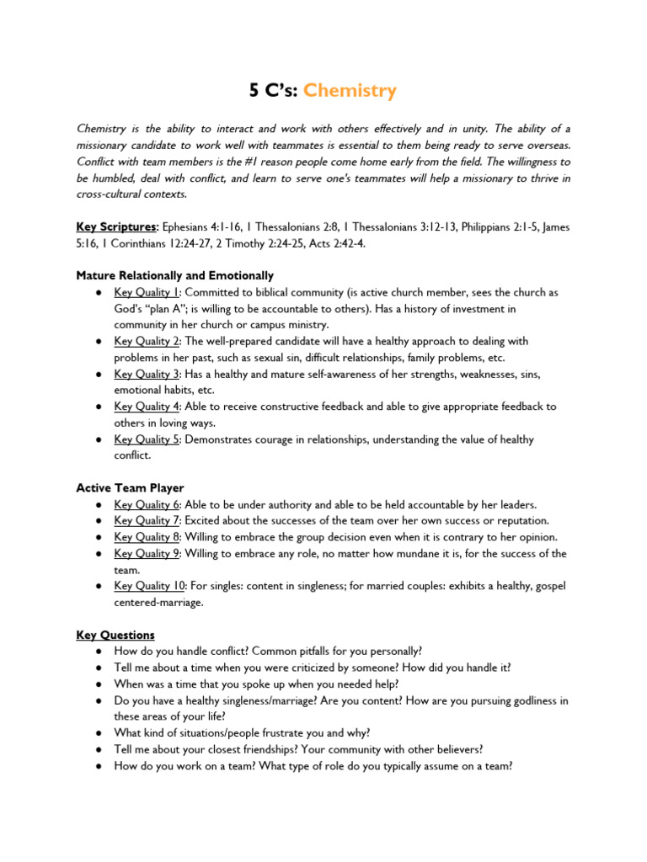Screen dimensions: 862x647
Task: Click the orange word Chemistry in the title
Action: pos(350,90)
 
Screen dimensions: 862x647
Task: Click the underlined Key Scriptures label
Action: pos(116,226)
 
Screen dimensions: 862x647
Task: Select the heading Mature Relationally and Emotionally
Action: pos(174,275)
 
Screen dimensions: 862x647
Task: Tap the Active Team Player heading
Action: pos(130,487)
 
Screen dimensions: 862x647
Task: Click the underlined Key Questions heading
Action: pos(115,635)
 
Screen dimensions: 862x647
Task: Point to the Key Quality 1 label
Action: pos(147,292)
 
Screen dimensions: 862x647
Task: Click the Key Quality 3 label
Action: pos(147,374)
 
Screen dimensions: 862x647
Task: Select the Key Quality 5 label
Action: pos(147,439)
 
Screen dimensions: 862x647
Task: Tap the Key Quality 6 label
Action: pos(147,504)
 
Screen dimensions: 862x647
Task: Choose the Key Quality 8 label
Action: pos(147,537)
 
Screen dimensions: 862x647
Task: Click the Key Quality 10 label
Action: pos(150,586)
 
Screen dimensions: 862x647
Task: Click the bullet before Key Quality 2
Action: pos(99,341)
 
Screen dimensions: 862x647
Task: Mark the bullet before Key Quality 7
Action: pos(99,521)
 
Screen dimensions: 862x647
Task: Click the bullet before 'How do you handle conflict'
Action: pos(99,652)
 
